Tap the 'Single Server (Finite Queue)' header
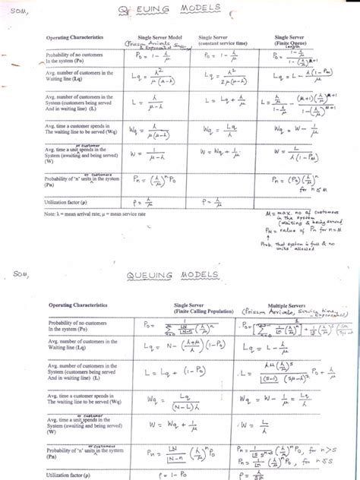pos(301,39)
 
